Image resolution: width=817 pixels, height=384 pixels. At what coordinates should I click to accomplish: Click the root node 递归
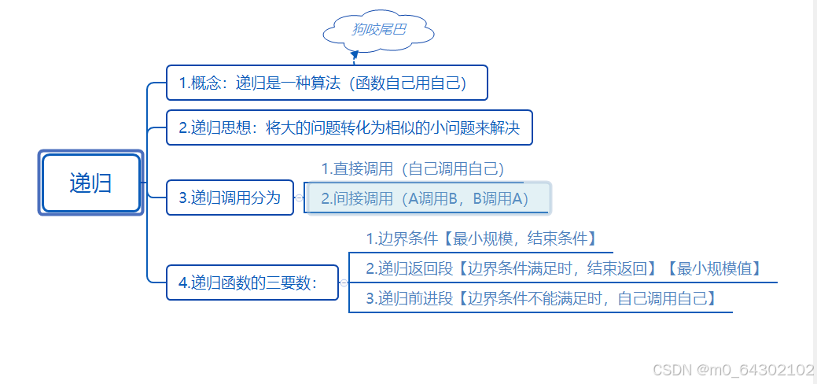pyautogui.click(x=90, y=183)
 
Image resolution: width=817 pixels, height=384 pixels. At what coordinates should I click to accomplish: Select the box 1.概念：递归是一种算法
pyautogui.click(x=327, y=83)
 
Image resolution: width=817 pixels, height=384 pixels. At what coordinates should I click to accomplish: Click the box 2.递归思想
pyautogui.click(x=349, y=127)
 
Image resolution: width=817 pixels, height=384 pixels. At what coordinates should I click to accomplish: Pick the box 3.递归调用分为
pyautogui.click(x=230, y=198)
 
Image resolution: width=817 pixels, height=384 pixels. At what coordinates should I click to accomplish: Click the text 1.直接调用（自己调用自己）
pyautogui.click(x=412, y=168)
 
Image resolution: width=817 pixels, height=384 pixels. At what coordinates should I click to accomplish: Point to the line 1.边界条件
pyautogui.click(x=480, y=238)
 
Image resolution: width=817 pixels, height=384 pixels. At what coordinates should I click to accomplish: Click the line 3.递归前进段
pyautogui.click(x=541, y=298)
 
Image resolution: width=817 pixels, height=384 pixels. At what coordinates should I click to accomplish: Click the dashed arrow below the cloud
pyautogui.click(x=355, y=55)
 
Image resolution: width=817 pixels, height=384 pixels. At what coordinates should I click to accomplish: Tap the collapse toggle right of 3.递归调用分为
pyautogui.click(x=299, y=198)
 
